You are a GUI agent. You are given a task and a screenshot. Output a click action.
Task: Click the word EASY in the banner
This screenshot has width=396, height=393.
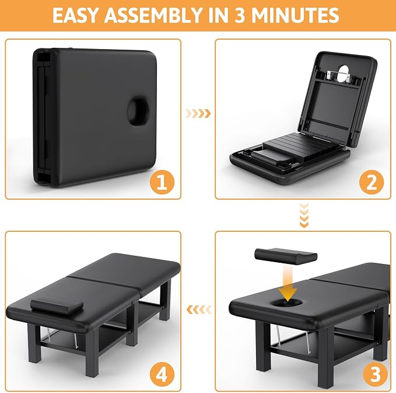coord(75,15)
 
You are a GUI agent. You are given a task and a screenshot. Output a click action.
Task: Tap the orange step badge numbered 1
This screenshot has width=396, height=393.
coord(162,182)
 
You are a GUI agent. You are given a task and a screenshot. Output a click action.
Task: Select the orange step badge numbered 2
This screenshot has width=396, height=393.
coord(372,182)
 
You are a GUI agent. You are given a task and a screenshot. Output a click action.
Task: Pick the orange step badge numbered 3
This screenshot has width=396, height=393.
coord(375,374)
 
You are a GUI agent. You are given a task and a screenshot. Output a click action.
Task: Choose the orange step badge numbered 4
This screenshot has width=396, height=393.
coord(162,374)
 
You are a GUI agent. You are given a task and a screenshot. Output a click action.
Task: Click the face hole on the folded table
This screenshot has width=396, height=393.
coord(138,111)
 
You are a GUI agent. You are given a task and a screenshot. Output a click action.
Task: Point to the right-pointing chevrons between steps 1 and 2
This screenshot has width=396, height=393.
coord(198,113)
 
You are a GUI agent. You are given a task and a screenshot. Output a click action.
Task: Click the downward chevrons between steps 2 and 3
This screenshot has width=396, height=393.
coord(304,215)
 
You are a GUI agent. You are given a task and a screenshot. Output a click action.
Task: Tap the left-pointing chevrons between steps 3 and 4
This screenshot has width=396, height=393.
coord(199,309)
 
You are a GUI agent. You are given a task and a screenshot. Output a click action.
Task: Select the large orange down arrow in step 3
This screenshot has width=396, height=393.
coord(288,283)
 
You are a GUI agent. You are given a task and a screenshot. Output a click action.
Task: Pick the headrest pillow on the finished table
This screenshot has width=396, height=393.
coord(57,307)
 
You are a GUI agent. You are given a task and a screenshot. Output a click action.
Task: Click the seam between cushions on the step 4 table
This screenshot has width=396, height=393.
coord(104,286)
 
